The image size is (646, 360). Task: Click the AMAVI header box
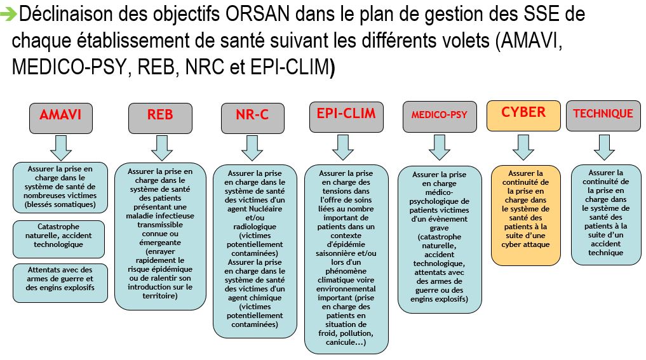pos(61,118)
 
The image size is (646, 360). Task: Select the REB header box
pos(160,118)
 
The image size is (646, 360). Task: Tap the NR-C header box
pos(253,118)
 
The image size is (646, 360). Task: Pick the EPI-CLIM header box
pos(346,117)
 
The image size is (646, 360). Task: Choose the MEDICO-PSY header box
pos(440,117)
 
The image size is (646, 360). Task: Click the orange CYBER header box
pos(523,116)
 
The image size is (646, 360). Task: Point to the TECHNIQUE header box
pos(603,116)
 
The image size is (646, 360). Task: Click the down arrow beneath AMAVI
pos(61,148)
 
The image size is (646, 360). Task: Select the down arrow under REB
pos(162,148)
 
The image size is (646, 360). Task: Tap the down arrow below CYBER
pos(523,147)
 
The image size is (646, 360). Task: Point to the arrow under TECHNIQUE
pos(604,147)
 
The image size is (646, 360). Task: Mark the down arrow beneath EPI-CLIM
pos(343,147)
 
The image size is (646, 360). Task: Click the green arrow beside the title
pos(8,15)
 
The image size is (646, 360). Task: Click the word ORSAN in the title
pos(258,15)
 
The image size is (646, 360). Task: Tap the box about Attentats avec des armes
pos(60,283)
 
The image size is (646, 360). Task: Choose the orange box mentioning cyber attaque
pos(526,215)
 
